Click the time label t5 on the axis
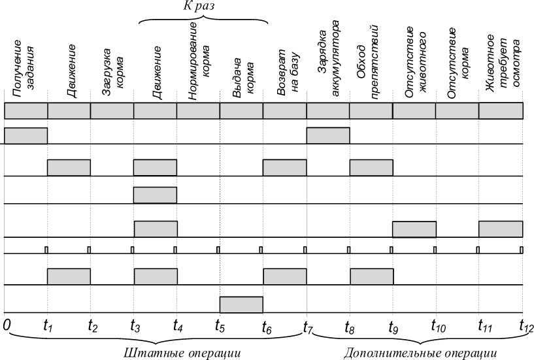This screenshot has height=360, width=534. pyautogui.click(x=220, y=324)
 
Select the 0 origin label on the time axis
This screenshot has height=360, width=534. pyautogui.click(x=7, y=324)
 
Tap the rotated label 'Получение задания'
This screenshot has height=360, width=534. pyautogui.click(x=25, y=69)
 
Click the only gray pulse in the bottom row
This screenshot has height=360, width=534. pyautogui.click(x=241, y=304)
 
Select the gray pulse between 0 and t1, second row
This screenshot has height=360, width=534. pyautogui.click(x=26, y=135)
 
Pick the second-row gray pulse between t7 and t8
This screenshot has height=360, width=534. pyautogui.click(x=328, y=135)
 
